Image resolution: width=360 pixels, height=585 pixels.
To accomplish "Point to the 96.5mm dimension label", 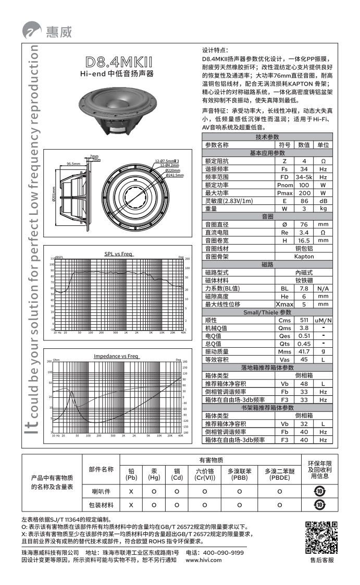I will click(73, 164).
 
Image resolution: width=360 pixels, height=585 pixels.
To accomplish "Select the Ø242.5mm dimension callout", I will click(174, 175).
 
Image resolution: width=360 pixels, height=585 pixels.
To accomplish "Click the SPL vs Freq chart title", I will click(118, 254).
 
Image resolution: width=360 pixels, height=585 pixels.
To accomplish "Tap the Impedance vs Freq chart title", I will click(116, 356).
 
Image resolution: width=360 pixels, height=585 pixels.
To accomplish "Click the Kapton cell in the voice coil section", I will click(304, 257).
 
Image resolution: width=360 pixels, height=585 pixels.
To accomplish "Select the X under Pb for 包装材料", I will click(131, 505).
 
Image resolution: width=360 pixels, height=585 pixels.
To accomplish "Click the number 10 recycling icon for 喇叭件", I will click(319, 490).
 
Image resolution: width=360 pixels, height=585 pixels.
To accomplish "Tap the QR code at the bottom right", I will click(321, 537).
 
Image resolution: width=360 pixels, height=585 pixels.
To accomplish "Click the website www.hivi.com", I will click(204, 560).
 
